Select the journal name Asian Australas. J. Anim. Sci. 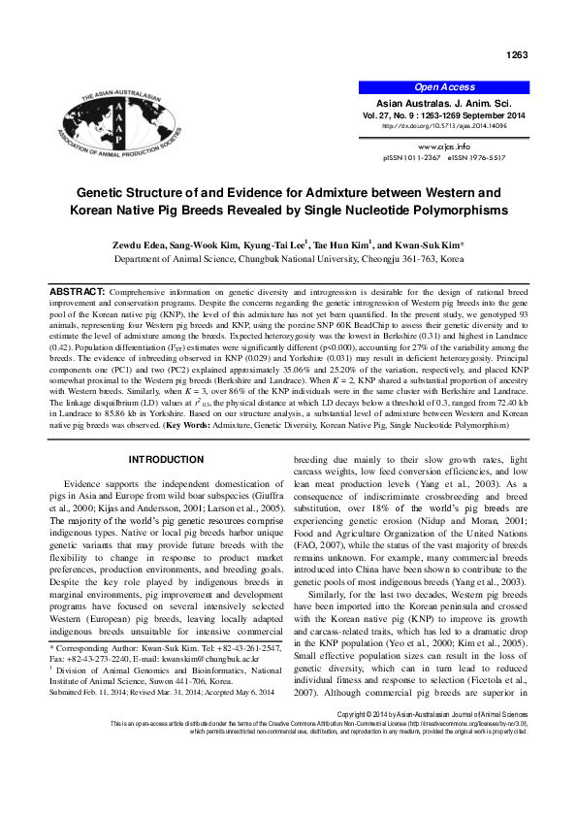(445, 102)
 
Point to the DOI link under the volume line (445, 126)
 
